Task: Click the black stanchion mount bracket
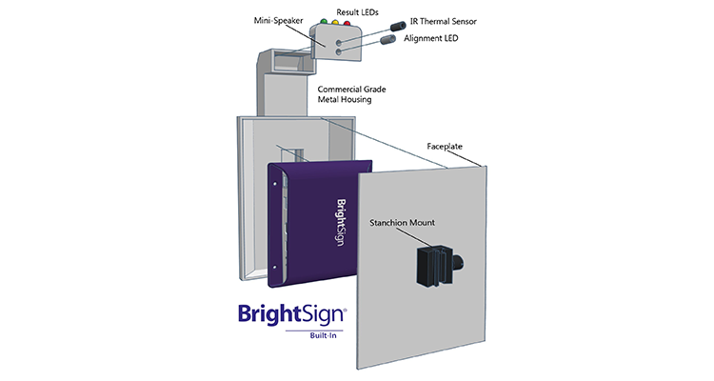click(436, 262)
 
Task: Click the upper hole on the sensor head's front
click(337, 43)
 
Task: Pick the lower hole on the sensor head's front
click(337, 54)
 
